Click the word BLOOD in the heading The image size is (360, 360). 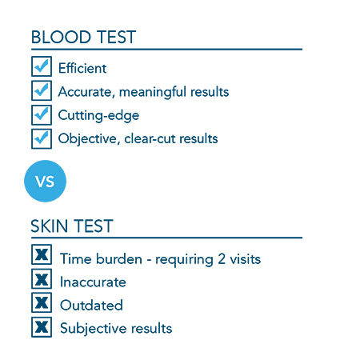(x=61, y=37)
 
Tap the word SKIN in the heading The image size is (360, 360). (x=49, y=226)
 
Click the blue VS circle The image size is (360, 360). (x=45, y=181)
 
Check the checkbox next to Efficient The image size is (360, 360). (x=42, y=66)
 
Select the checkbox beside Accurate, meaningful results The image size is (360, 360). (x=42, y=90)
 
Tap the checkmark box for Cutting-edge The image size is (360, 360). (x=42, y=114)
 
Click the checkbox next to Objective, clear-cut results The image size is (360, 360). (x=42, y=138)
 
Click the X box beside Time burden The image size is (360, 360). (x=42, y=254)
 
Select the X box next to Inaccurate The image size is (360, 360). (x=42, y=278)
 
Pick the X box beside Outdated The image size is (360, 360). (x=42, y=302)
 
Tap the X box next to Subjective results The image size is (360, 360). (x=42, y=327)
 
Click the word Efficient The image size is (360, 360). (x=82, y=68)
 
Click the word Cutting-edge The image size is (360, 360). (x=98, y=115)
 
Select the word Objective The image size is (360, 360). (x=87, y=139)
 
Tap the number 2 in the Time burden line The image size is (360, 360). (x=222, y=259)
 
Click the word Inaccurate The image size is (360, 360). (x=93, y=282)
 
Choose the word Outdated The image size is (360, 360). (x=91, y=305)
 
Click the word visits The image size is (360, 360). (x=246, y=259)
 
